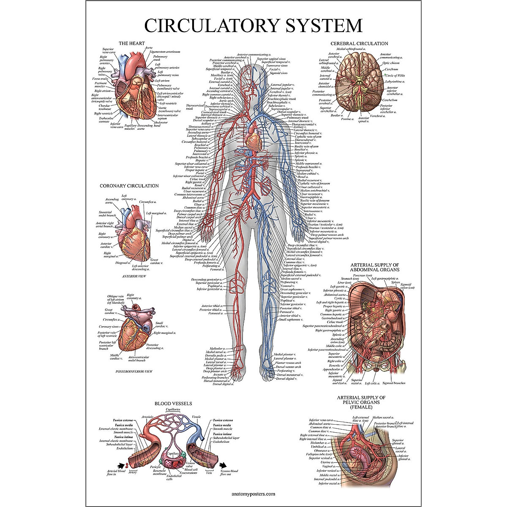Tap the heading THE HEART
click(131, 43)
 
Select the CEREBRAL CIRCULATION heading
click(359, 43)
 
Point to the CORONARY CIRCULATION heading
click(129, 185)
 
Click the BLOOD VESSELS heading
click(173, 403)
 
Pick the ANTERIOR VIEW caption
click(134, 276)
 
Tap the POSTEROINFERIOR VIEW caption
click(134, 371)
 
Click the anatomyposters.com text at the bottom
click(253, 493)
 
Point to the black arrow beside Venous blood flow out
click(222, 465)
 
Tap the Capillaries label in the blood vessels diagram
click(173, 409)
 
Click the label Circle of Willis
click(395, 75)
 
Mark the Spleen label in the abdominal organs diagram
click(395, 282)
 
